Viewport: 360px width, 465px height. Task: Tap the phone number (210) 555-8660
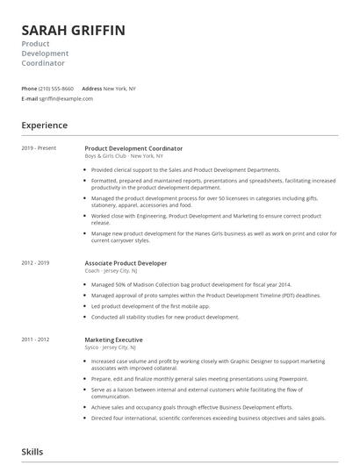click(x=57, y=89)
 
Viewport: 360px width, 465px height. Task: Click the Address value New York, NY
click(x=120, y=89)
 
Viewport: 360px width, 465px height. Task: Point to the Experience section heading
click(x=44, y=125)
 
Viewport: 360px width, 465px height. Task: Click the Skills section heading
click(x=32, y=451)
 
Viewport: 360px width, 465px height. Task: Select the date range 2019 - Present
click(x=39, y=148)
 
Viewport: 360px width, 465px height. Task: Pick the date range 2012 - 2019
click(x=35, y=262)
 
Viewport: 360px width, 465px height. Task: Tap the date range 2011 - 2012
click(x=35, y=339)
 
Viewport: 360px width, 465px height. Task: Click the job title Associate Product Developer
click(x=126, y=262)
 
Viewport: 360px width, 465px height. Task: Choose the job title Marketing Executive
click(x=113, y=339)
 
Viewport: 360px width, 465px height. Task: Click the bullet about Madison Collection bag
click(x=191, y=285)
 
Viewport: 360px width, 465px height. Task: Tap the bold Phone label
click(x=29, y=89)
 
